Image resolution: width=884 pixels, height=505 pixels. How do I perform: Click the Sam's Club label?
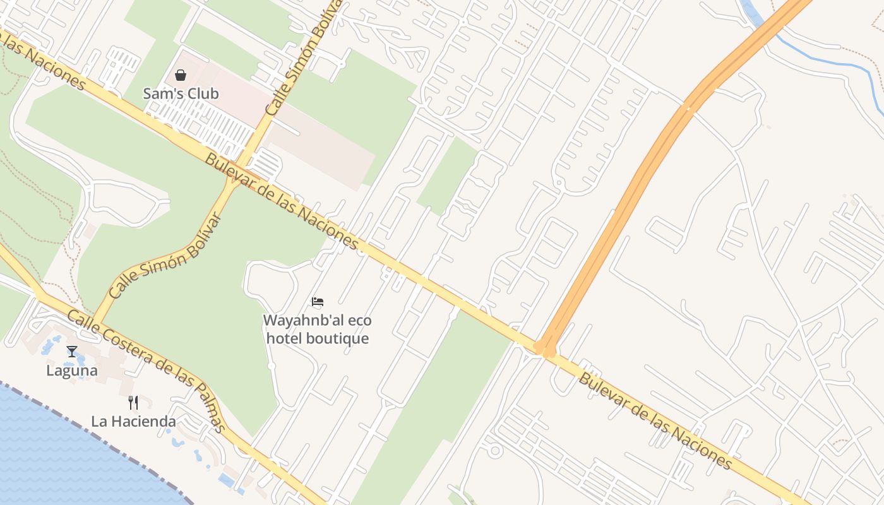click(181, 93)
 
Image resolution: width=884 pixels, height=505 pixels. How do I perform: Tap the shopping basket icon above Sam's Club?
click(181, 75)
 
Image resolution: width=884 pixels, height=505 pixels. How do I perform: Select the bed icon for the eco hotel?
click(318, 302)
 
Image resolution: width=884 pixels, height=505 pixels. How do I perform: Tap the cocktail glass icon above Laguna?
click(71, 352)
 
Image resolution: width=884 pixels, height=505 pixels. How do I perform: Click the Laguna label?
click(72, 371)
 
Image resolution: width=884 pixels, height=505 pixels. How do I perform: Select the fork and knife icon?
click(133, 402)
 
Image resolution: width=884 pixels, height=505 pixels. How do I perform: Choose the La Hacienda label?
click(133, 421)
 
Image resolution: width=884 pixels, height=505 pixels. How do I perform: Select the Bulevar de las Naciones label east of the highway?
click(655, 421)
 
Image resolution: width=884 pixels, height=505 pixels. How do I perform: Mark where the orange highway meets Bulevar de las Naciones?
click(544, 347)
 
